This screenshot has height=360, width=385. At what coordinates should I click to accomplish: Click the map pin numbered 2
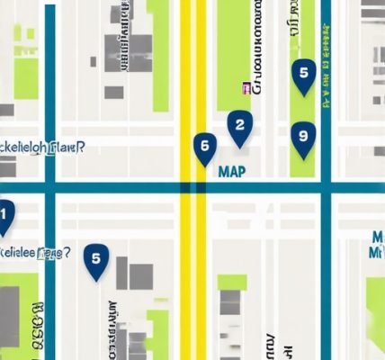[238, 128]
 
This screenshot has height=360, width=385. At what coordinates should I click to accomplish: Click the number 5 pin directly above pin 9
[304, 76]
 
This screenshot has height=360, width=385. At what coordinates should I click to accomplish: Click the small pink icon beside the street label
[245, 88]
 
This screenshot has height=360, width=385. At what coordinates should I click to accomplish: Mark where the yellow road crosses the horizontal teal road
[193, 188]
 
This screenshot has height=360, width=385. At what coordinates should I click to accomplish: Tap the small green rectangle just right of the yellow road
[231, 282]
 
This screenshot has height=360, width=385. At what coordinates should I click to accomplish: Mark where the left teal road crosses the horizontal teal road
[49, 188]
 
